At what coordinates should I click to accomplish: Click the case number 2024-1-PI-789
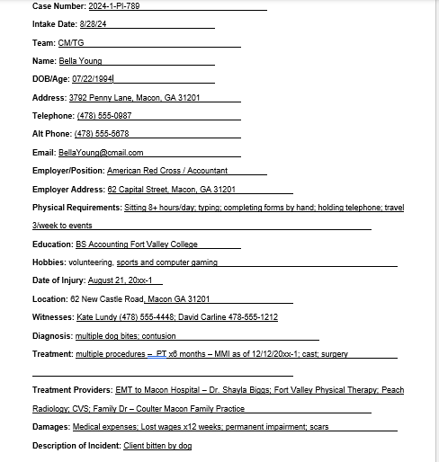(116, 6)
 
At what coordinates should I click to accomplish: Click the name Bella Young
(80, 61)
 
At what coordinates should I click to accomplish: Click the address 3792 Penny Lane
(107, 97)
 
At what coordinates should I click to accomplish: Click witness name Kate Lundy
(97, 317)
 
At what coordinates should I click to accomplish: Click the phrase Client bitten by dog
(157, 445)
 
